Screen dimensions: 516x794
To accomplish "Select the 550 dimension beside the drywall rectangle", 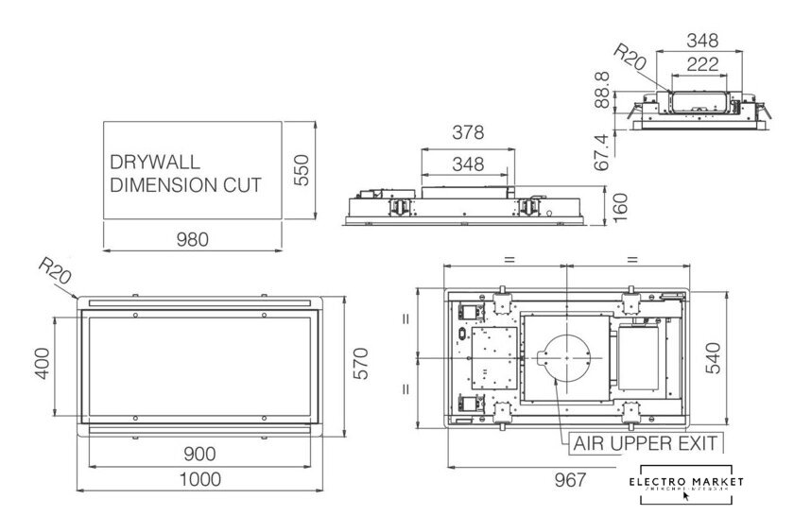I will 301,171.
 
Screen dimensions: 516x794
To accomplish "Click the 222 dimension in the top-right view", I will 700,64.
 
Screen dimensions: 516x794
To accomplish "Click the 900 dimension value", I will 199,454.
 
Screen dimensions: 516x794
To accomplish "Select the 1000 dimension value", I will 199,479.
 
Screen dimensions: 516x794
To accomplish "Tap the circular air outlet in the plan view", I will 564,358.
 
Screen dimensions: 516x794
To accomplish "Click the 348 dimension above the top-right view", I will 700,41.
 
